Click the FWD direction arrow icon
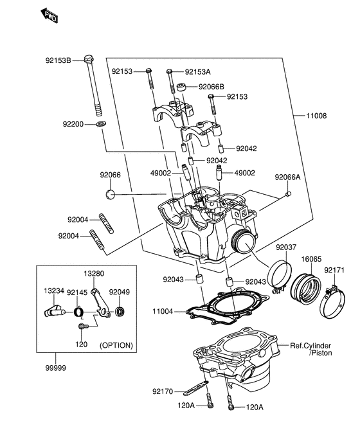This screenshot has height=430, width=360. [x=49, y=15]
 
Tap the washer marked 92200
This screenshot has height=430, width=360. [x=102, y=123]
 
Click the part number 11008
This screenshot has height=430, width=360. [x=316, y=116]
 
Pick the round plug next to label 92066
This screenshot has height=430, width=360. [x=110, y=193]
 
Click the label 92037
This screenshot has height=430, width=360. [x=287, y=247]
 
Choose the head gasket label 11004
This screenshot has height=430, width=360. [x=164, y=311]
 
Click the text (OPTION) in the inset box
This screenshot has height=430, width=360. [x=116, y=345]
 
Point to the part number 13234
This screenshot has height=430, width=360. [x=54, y=291]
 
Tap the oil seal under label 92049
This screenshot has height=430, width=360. [x=120, y=313]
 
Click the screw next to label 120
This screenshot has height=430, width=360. [x=82, y=327]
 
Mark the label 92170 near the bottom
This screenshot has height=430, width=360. [x=164, y=390]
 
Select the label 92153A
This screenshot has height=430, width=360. [x=199, y=72]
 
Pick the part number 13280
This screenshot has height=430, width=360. [x=94, y=273]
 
